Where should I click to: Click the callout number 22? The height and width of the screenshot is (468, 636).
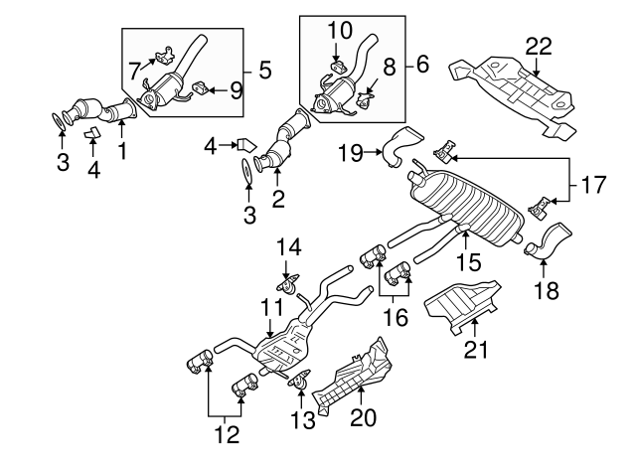coord(538,46)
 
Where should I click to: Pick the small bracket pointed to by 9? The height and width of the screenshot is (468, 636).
coord(202,87)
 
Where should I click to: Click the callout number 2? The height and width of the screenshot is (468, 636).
coord(278,199)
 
